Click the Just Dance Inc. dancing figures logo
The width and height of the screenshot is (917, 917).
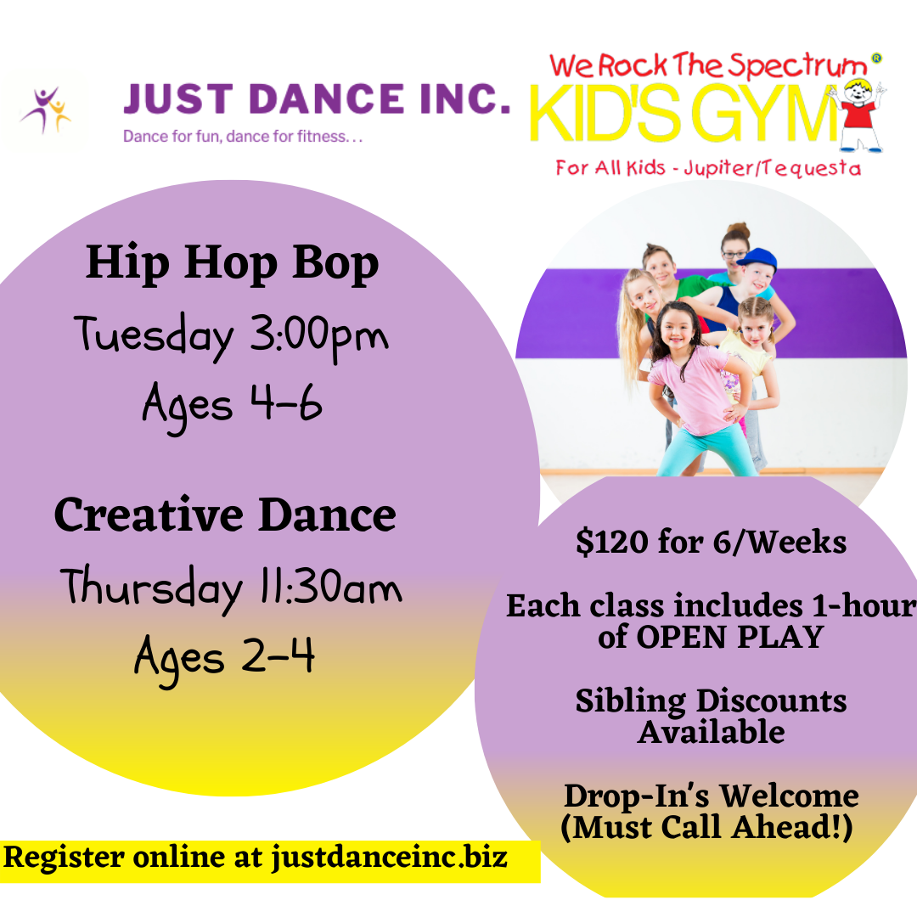pyautogui.click(x=46, y=110)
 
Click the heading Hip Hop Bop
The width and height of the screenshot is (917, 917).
pyautogui.click(x=232, y=263)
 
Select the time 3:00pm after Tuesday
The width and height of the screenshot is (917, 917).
pyautogui.click(x=319, y=335)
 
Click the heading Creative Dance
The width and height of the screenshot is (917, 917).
pyautogui.click(x=225, y=515)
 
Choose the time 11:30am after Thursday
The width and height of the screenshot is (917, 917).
pyautogui.click(x=330, y=587)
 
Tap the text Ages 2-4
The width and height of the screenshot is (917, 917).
pyautogui.click(x=224, y=660)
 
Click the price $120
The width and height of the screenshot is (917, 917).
pyautogui.click(x=611, y=542)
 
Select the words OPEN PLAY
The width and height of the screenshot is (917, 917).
pyautogui.click(x=730, y=637)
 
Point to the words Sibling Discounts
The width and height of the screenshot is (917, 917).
pyautogui.click(x=712, y=701)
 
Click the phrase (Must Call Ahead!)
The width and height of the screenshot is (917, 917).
pyautogui.click(x=706, y=828)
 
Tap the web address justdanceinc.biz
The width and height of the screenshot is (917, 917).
pyautogui.click(x=389, y=858)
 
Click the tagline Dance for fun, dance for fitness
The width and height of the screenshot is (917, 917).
pyautogui.click(x=243, y=137)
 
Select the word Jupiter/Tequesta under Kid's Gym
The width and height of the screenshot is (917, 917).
pyautogui.click(x=773, y=168)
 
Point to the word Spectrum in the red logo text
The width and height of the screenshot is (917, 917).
pyautogui.click(x=797, y=65)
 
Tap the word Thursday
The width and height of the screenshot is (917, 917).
pyautogui.click(x=151, y=588)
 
